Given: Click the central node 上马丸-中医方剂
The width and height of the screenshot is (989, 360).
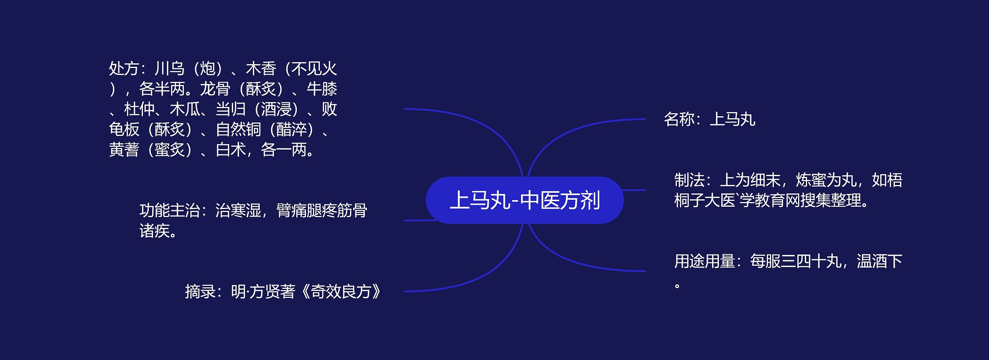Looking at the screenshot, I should [x=525, y=200].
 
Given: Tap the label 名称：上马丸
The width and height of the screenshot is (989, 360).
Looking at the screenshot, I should [x=709, y=119].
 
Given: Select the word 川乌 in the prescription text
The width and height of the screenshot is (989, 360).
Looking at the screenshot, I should [x=170, y=69].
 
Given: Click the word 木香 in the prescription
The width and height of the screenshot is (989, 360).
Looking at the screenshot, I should [x=261, y=69].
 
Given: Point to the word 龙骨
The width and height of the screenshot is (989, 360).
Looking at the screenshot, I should [x=215, y=89].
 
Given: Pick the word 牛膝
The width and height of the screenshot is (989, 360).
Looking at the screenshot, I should [x=322, y=89].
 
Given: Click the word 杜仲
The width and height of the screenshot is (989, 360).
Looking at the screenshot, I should [x=139, y=109].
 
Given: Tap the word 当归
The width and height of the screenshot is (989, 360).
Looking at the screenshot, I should [x=231, y=109].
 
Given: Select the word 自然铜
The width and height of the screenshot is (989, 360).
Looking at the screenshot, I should [x=238, y=129].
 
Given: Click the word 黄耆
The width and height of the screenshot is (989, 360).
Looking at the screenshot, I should [x=124, y=150].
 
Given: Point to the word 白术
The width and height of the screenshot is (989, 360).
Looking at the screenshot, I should [x=231, y=150].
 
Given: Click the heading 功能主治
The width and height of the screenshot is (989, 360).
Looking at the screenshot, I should [x=170, y=211].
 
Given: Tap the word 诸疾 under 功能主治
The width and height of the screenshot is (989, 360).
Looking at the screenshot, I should [x=155, y=231].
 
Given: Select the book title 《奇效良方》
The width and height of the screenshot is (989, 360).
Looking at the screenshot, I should [x=340, y=292].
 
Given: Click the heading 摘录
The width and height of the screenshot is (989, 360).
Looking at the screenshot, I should [x=200, y=292].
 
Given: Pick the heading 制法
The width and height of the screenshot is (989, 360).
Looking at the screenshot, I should [x=690, y=180].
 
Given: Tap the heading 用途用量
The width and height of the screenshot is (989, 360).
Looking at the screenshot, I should [x=705, y=261].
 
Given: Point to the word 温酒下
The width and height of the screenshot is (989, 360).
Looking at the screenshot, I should [x=879, y=261].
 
